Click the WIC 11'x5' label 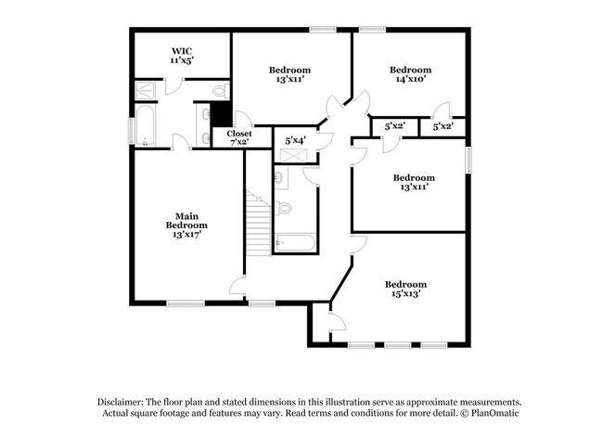point(181,55)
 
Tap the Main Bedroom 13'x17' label point(186,226)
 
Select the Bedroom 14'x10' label point(410,75)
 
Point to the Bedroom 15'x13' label point(405,289)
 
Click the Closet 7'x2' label point(239,138)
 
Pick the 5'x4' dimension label point(296,140)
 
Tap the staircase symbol point(260,223)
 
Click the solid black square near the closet point(221,113)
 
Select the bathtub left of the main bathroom point(146,127)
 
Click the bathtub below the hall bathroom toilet point(296,243)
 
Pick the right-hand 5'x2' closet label point(443,125)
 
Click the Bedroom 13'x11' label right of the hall point(413,183)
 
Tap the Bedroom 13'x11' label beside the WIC point(289,75)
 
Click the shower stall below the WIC point(147,90)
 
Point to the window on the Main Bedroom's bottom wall point(186,303)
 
